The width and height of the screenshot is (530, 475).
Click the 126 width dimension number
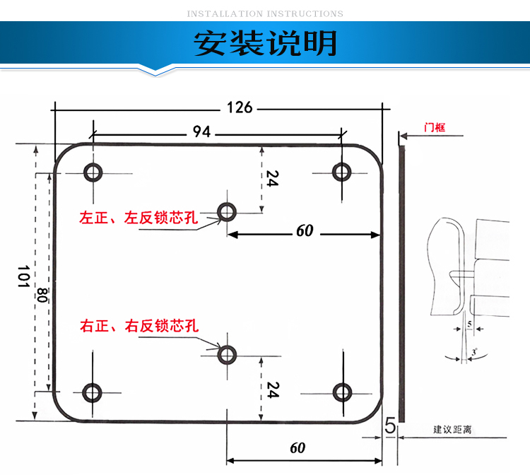(239, 107)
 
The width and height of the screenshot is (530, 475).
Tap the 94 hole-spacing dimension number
(202, 131)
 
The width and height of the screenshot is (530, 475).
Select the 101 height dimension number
(22, 277)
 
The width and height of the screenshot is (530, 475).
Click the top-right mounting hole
(343, 171)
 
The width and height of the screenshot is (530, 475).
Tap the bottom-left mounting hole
(93, 392)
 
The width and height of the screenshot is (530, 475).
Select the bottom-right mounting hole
(343, 392)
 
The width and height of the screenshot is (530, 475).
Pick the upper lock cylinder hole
(227, 211)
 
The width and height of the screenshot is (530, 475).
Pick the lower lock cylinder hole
(227, 354)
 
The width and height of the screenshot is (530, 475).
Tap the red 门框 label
(434, 127)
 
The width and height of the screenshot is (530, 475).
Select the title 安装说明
(265, 44)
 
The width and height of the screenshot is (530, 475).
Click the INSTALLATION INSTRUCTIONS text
(265, 13)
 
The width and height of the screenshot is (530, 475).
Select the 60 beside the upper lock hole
(305, 230)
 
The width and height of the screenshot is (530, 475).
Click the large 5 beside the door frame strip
(389, 427)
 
